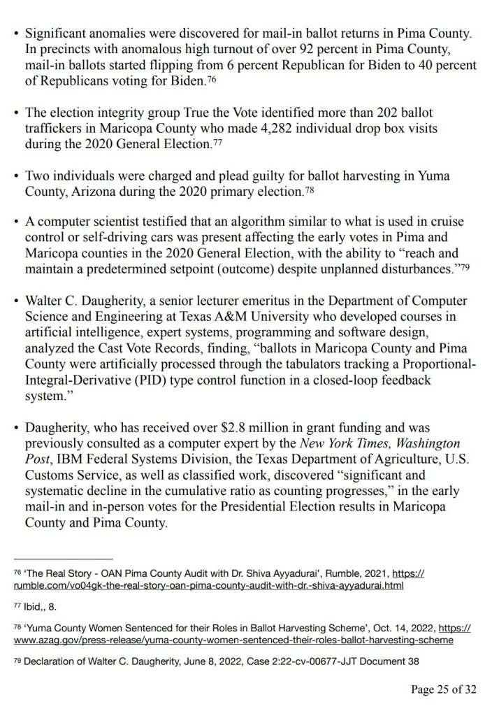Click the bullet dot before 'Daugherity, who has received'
(17, 427)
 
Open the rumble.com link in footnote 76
(210, 585)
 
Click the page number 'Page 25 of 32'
(444, 690)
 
